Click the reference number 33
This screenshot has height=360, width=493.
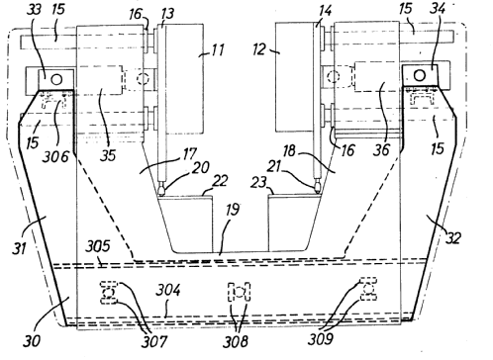pyautogui.click(x=34, y=10)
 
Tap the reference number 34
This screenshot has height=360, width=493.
pyautogui.click(x=438, y=8)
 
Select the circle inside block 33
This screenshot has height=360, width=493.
pyautogui.click(x=56, y=79)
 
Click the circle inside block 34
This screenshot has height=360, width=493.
pyautogui.click(x=420, y=76)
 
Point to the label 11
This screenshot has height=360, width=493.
pyautogui.click(x=217, y=50)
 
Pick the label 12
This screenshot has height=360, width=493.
pyautogui.click(x=259, y=49)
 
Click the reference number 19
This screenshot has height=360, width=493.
pyautogui.click(x=232, y=210)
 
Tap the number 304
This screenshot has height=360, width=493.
pyautogui.click(x=168, y=291)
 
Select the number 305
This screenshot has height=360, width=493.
pyautogui.click(x=98, y=246)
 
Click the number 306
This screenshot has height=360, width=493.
pyautogui.click(x=55, y=156)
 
